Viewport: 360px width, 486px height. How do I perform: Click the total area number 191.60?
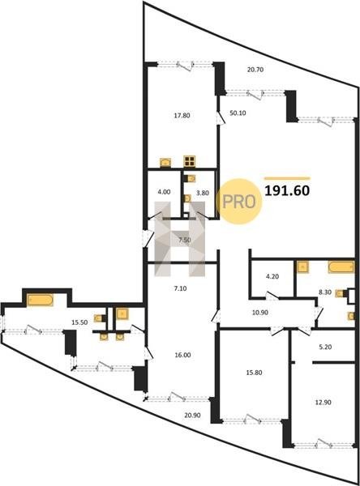287,190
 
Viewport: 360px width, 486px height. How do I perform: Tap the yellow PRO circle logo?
239,202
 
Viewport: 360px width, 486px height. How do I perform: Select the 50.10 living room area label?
238,113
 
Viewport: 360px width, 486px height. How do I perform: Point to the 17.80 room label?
182,116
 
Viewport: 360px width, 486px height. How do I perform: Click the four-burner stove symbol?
189,161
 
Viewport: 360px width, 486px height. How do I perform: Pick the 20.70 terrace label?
255,70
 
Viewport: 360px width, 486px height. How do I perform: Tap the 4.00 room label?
164,192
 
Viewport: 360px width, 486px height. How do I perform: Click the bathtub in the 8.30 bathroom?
341,267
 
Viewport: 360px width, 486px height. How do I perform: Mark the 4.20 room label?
272,276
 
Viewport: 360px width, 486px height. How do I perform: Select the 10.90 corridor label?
260,313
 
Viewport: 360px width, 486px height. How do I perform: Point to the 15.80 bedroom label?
254,373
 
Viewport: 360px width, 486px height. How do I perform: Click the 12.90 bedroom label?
323,403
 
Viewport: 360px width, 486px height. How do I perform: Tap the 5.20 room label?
325,347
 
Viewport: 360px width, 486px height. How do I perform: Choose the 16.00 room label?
182,356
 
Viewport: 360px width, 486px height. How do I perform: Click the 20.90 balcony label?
192,416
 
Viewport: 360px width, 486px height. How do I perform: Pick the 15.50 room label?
79,322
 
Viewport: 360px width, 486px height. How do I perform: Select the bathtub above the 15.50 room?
40,300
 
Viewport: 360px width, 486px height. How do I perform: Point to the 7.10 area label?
180,288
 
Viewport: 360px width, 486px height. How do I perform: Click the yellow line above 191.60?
287,178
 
